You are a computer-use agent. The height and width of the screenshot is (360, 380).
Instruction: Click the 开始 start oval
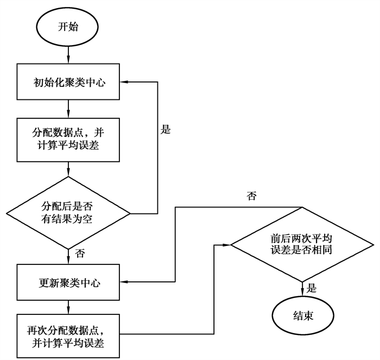click(x=68, y=27)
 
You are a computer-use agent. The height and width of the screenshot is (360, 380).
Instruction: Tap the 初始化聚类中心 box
click(x=68, y=83)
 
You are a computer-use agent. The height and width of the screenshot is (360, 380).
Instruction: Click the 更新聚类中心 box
click(x=68, y=282)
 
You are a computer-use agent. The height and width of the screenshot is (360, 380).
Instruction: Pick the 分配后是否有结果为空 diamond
click(x=68, y=212)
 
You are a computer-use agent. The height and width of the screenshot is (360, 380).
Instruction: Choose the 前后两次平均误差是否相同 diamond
click(x=302, y=245)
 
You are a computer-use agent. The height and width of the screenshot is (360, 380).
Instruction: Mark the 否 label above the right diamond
click(x=251, y=197)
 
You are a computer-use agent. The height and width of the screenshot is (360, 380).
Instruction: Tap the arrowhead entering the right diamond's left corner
click(x=228, y=245)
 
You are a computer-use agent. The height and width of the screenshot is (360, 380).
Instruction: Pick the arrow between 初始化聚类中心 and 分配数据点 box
click(x=68, y=110)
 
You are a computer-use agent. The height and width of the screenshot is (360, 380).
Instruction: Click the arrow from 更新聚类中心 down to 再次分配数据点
click(x=68, y=307)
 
